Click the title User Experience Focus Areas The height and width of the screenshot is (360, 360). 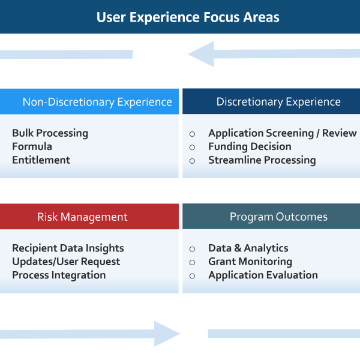[188, 17]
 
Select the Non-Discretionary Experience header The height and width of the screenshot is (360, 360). [97, 102]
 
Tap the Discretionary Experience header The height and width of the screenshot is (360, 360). [278, 102]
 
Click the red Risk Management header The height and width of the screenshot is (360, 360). [82, 217]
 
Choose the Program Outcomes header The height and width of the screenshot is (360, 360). [278, 217]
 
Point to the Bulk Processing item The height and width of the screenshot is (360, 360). [50, 133]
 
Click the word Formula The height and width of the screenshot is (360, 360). [32, 146]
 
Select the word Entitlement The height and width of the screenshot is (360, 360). [41, 160]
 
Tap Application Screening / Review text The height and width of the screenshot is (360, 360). [282, 133]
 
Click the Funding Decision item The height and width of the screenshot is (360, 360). [250, 146]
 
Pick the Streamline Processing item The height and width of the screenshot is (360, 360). [262, 160]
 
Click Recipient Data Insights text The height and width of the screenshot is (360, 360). [68, 248]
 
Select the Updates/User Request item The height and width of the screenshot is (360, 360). [66, 262]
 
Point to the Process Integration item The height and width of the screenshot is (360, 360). [59, 275]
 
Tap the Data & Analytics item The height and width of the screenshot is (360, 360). [248, 248]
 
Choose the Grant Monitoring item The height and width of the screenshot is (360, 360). [250, 262]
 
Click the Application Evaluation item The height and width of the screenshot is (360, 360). [263, 275]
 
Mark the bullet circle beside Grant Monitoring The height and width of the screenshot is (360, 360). [192, 262]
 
